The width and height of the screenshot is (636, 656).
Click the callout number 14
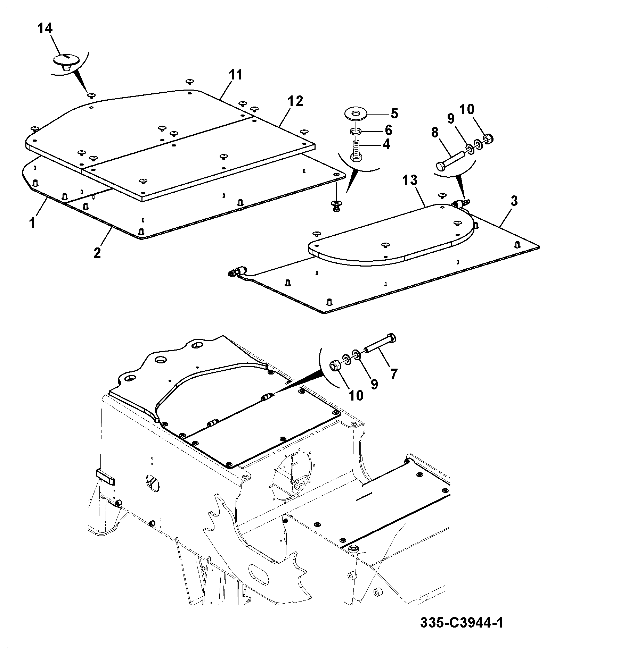45,28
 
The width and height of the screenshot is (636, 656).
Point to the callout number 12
295,101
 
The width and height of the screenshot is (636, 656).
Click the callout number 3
514,201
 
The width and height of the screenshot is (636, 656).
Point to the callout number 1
32,222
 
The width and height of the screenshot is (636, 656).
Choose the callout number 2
97,252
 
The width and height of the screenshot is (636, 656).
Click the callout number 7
393,374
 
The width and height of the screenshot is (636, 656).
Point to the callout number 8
434,132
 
